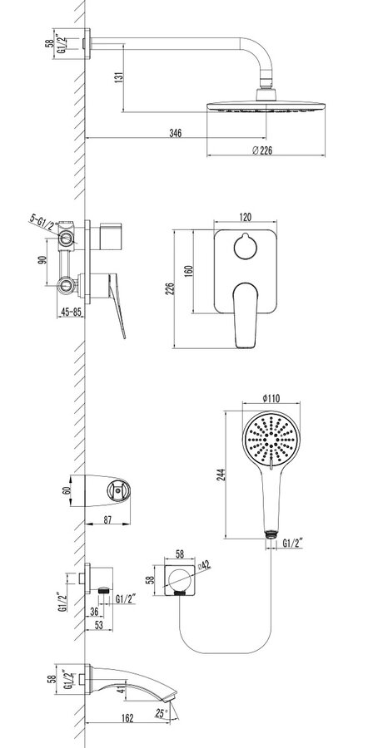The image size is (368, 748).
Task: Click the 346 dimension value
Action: coord(176,133)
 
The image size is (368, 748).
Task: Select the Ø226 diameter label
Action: coord(262,150)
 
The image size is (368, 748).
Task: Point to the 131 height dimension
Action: coord(120,76)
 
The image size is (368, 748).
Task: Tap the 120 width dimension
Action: coord(245,217)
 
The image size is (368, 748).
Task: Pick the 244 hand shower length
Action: coord(221,475)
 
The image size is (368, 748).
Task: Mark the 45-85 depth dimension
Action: coord(70,312)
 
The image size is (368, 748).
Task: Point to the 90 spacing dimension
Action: coord(42,262)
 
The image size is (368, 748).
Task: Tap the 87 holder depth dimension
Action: coord(107,520)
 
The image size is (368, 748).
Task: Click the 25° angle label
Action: coord(162,714)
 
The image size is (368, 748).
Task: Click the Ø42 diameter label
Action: coord(204,566)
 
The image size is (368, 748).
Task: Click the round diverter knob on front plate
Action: coord(245,247)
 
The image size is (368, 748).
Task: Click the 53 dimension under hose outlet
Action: coord(99,625)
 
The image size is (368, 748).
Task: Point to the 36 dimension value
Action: coord(94,613)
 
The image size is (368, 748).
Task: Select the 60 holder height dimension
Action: coord(67,490)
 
